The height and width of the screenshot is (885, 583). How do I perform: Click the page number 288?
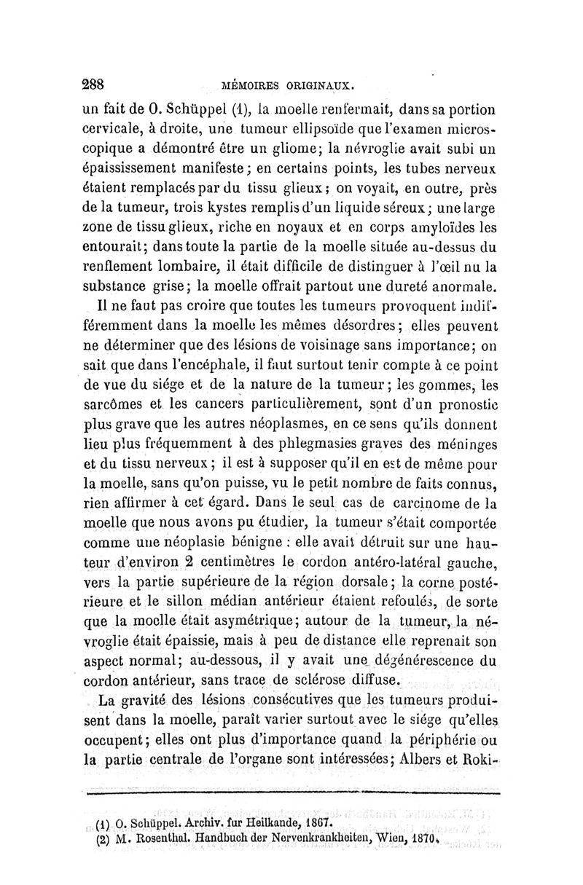coord(97,82)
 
